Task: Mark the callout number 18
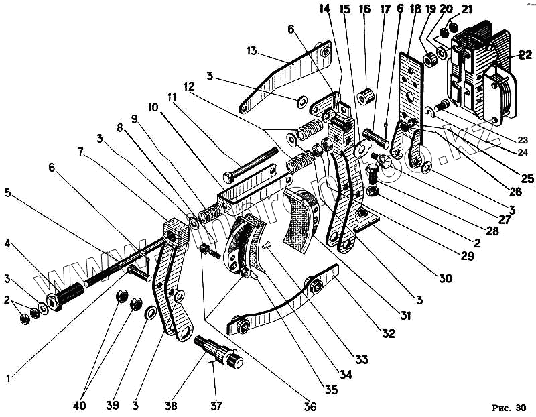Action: click(414, 9)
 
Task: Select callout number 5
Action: click(8, 192)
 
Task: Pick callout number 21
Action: click(466, 9)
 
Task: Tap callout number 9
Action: click(134, 119)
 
